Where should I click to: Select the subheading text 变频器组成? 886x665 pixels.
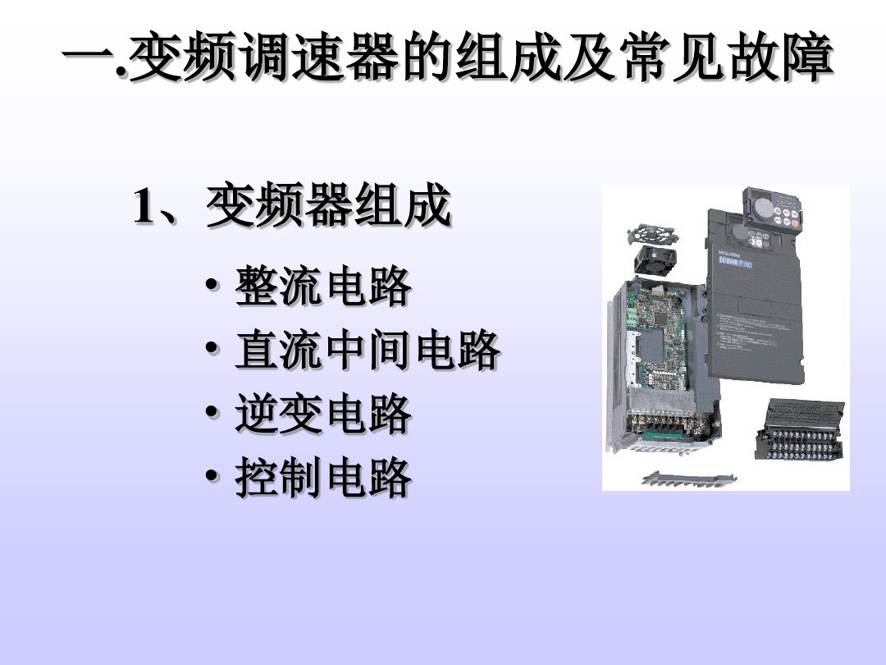328,207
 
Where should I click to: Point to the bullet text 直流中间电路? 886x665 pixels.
368,351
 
